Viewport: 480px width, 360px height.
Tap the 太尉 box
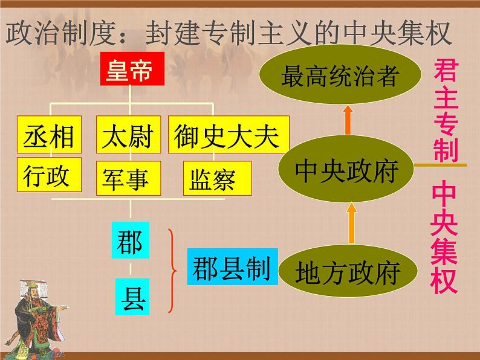point(128,136)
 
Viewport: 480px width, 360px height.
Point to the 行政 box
point(47,176)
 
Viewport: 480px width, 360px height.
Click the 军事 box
point(128,178)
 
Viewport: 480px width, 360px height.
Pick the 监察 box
point(216,179)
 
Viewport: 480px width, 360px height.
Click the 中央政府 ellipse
point(346,171)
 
